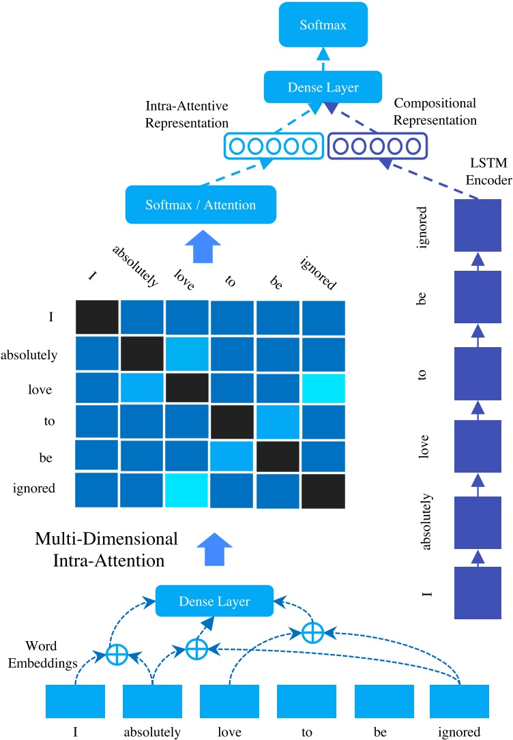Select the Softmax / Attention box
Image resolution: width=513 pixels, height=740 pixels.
click(x=201, y=205)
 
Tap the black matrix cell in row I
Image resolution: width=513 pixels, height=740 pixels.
click(x=97, y=318)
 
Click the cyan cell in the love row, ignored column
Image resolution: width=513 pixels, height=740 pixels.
click(x=324, y=387)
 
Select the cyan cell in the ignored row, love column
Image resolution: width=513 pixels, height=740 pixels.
click(x=187, y=490)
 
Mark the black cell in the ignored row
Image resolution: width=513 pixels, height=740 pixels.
click(x=324, y=490)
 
